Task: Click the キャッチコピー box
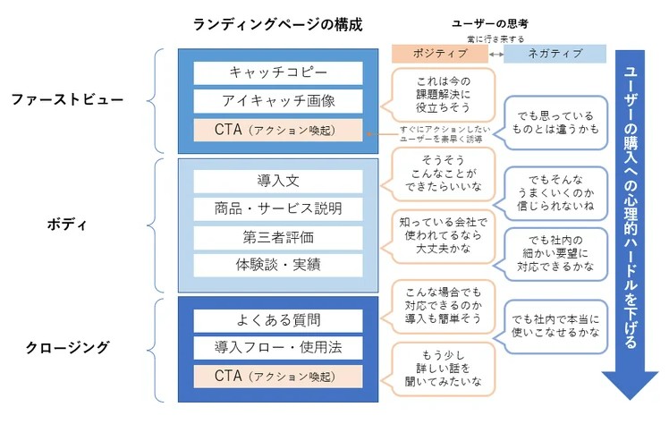[277, 72]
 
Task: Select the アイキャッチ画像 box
[277, 101]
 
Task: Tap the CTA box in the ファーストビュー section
[277, 130]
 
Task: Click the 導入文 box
[277, 180]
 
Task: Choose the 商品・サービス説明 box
[277, 208]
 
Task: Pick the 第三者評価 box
[277, 237]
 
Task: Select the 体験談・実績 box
[277, 266]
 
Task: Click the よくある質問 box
[277, 320]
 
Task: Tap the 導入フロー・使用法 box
[277, 347]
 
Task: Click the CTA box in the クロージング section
[277, 376]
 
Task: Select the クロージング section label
[68, 347]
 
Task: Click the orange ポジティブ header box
[439, 55]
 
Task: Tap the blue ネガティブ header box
[555, 55]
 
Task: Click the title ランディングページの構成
[278, 24]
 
